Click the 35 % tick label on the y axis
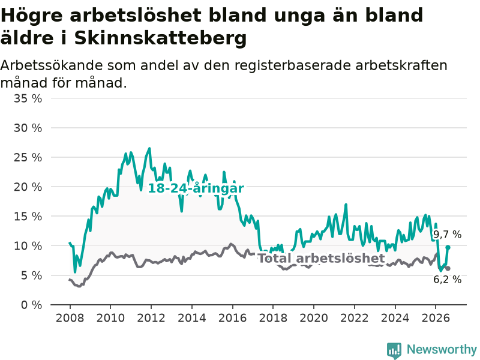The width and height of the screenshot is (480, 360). coord(28,98)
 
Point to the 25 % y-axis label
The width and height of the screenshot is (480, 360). coord(28,157)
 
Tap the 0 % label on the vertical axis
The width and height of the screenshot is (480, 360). coord(31,305)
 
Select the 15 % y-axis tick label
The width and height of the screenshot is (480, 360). coord(28,217)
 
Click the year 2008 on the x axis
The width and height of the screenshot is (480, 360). coord(70,318)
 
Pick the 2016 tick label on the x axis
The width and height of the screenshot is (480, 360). coord(232,318)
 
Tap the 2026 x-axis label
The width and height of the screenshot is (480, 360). coord(436,318)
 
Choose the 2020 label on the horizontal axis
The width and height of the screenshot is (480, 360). coord(314,318)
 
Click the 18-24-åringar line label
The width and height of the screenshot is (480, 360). coord(196,188)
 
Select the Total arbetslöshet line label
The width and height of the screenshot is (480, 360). coord(322,258)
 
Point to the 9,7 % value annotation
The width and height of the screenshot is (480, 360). coord(447,235)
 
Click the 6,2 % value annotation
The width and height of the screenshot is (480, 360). coord(447,279)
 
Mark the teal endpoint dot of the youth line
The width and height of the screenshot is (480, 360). coord(448,247)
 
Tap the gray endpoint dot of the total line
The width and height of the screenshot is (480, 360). coord(448,268)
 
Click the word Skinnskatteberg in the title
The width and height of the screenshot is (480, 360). coord(160,38)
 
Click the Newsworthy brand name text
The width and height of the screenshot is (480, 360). coord(442,349)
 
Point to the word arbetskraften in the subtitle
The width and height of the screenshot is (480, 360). coord(401,65)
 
